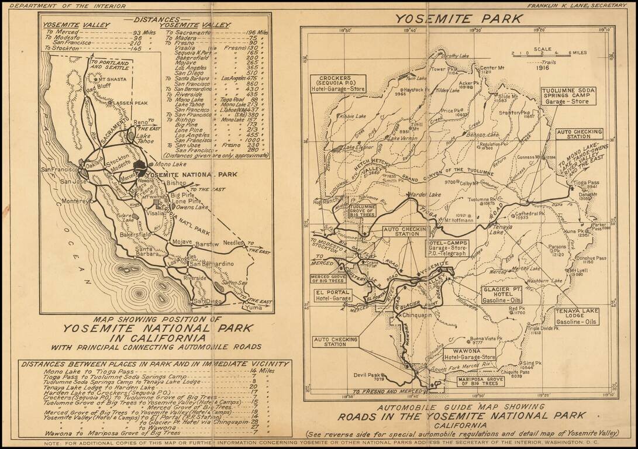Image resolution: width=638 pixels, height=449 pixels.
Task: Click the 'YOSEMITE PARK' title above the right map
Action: (458, 18)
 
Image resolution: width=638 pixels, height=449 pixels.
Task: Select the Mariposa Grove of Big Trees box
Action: (479, 382)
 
